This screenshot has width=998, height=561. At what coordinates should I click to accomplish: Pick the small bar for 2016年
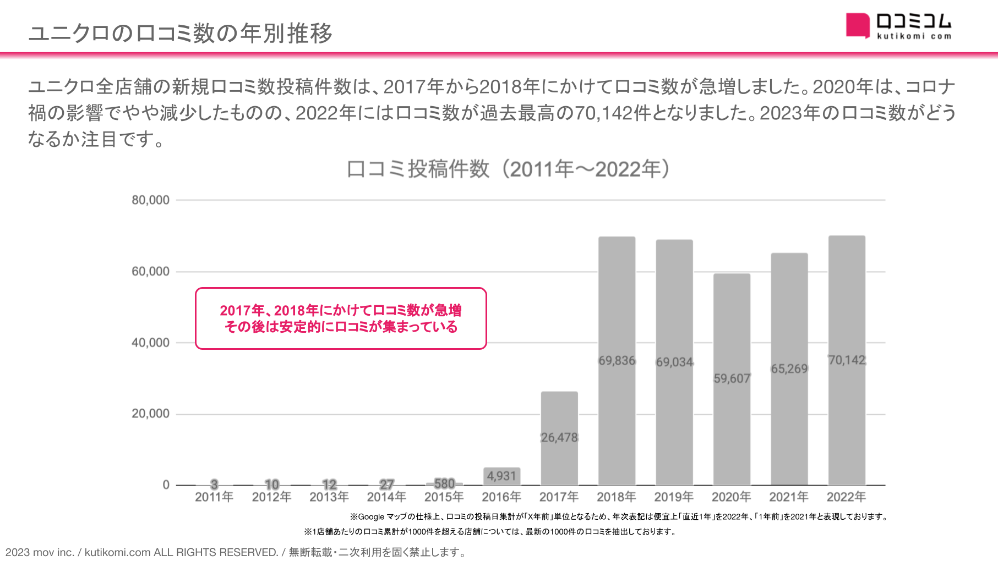[501, 476]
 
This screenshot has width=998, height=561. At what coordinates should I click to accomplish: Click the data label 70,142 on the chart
[847, 360]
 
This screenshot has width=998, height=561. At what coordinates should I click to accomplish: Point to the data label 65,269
[789, 369]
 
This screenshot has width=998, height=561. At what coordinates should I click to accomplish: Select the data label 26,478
[559, 438]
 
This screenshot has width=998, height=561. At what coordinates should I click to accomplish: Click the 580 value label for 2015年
[444, 483]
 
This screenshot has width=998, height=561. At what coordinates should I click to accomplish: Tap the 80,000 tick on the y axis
[150, 200]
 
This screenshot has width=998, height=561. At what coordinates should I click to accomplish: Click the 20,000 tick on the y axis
[150, 414]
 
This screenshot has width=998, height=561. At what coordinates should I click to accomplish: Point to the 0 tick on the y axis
[166, 485]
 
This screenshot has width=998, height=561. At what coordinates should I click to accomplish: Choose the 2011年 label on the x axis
[214, 497]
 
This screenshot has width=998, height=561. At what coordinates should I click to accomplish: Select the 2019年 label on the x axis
[674, 497]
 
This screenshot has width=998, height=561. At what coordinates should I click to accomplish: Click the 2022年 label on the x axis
[846, 497]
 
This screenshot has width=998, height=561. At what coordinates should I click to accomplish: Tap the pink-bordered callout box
[341, 318]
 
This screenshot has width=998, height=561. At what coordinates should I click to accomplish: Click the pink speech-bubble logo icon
[857, 25]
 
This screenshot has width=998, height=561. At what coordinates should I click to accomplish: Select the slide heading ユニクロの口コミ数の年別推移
[181, 33]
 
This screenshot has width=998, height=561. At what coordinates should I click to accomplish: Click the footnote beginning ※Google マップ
[619, 516]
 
